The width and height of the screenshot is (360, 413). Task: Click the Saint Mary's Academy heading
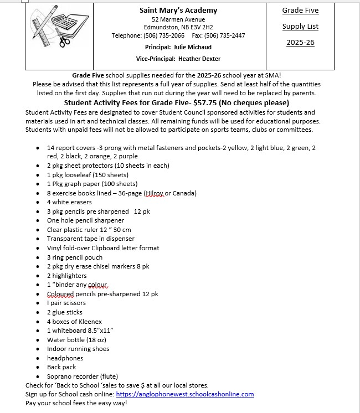click(x=178, y=11)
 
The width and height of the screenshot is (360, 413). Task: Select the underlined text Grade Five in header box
click(x=300, y=11)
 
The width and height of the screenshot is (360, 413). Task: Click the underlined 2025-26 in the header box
click(x=300, y=43)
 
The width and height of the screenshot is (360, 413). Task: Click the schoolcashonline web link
click(x=185, y=394)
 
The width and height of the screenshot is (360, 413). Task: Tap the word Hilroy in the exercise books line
click(x=155, y=193)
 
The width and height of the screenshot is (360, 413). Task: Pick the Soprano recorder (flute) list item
click(x=83, y=376)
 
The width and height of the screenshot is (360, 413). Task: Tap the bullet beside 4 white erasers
click(x=37, y=203)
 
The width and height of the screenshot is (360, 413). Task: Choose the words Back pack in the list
click(x=61, y=367)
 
